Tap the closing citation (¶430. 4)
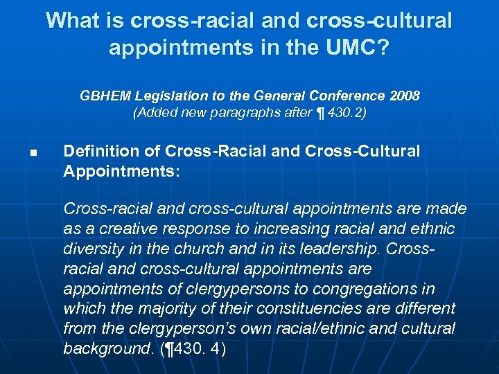point(193,348)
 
